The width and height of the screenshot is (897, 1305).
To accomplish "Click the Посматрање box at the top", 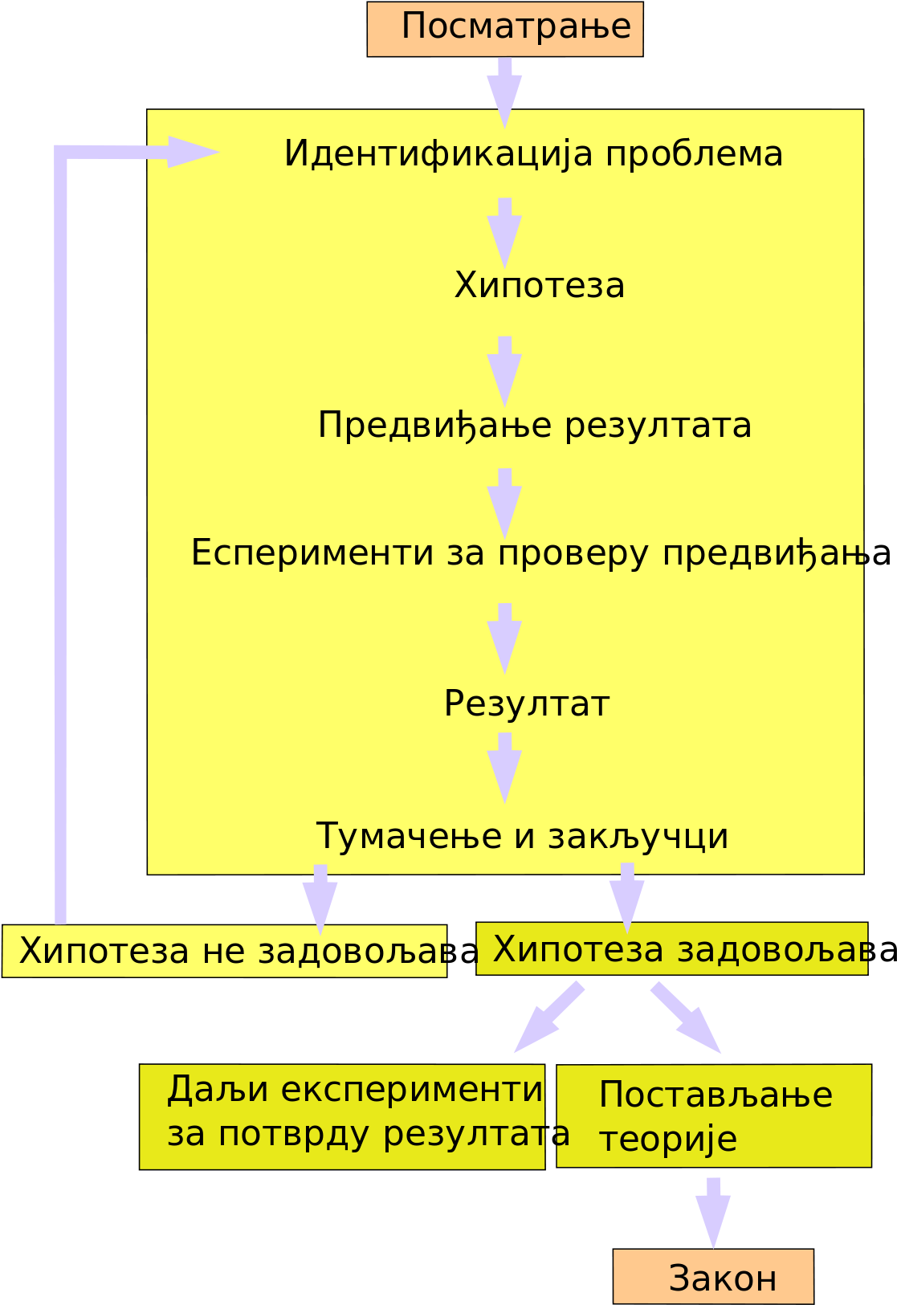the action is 505,29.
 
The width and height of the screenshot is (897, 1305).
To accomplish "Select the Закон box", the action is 713,1276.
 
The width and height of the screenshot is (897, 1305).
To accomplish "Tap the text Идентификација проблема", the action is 533,154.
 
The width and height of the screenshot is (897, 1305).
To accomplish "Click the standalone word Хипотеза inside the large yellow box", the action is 540,285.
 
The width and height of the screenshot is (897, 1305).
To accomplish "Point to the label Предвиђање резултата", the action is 535,426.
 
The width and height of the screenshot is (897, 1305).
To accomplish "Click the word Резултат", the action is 527,703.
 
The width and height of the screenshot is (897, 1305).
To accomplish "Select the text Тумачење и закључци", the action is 522,837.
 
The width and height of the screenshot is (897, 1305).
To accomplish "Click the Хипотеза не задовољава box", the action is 224,951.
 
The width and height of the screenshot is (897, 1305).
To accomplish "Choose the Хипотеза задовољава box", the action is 671,948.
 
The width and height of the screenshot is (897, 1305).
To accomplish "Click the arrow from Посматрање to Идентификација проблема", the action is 504,92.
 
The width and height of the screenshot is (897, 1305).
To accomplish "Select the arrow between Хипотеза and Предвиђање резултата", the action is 504,372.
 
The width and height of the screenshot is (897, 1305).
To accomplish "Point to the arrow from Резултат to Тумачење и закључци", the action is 504,768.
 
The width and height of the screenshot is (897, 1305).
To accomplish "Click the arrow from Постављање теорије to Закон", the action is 713,1213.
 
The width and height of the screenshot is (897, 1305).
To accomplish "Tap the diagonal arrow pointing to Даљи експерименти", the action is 548,1017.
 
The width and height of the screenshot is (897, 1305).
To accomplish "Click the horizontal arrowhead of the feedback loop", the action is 194,152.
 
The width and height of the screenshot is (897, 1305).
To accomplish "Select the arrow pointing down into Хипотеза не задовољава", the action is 320,899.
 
